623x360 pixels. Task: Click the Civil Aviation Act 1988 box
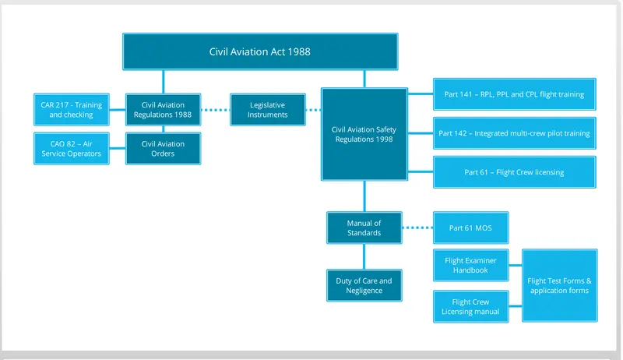click(260, 51)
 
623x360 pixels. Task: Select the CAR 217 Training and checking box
click(72, 110)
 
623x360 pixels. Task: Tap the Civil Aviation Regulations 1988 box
click(164, 110)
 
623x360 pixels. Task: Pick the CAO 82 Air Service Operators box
click(72, 149)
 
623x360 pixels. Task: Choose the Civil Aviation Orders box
click(164, 149)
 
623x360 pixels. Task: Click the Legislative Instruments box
click(268, 110)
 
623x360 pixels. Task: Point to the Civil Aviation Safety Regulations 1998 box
click(364, 134)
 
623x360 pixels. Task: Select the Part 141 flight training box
click(515, 94)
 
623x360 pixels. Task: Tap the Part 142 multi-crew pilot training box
click(515, 133)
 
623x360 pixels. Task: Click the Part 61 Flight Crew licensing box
click(515, 172)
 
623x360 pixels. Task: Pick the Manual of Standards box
click(364, 228)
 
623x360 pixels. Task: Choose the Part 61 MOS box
click(471, 228)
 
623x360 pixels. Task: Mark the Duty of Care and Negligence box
click(364, 285)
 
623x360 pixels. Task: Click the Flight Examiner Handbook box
click(471, 266)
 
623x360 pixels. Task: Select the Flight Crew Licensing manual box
click(471, 307)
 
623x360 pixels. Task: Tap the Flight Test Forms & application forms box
click(560, 285)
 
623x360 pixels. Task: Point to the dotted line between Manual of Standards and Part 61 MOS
click(417, 228)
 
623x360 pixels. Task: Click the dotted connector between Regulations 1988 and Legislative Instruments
click(216, 110)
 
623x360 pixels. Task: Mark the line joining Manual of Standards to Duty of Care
click(364, 256)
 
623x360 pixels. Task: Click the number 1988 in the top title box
click(299, 51)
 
